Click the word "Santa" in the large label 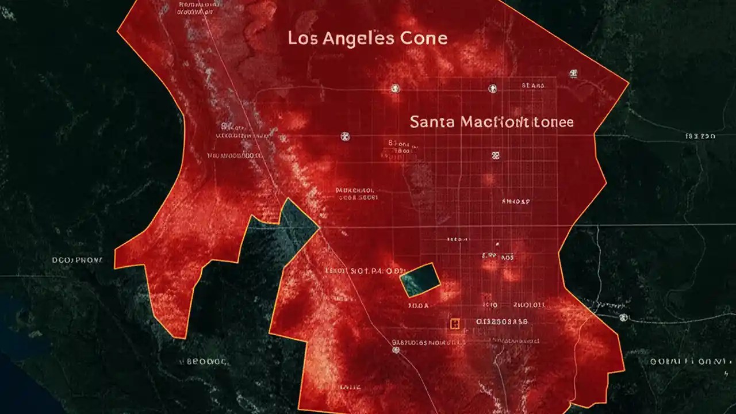click(x=433, y=122)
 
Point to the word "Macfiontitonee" click(x=517, y=122)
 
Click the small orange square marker click(x=455, y=324)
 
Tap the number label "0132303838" click(x=502, y=322)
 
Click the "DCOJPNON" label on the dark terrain click(x=78, y=260)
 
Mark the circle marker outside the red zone click(x=624, y=317)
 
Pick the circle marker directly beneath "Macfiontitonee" click(x=495, y=155)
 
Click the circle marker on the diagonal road click(x=396, y=350)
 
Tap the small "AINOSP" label click(x=516, y=202)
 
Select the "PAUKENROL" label click(x=355, y=189)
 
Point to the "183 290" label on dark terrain click(x=700, y=137)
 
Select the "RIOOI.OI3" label click(x=530, y=305)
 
